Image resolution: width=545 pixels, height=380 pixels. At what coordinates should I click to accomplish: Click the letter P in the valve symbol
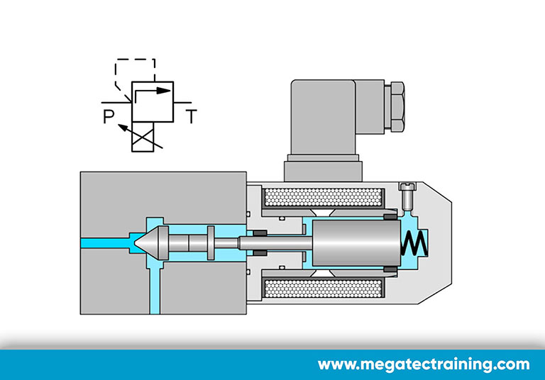coord(109,116)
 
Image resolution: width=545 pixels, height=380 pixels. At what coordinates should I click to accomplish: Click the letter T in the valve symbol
coord(192,116)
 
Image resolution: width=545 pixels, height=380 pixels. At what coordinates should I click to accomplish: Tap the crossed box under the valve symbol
coord(143,137)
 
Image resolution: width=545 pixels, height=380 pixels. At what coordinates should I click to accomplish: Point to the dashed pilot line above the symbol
coord(136,60)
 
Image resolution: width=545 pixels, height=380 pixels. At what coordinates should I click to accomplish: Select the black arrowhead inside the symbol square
coord(163,91)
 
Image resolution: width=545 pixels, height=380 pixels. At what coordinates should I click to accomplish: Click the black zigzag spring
coord(414,243)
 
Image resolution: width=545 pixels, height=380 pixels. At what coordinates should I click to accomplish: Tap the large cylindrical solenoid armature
coord(356,242)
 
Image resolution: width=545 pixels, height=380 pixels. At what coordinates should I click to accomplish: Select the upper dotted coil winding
coord(324,197)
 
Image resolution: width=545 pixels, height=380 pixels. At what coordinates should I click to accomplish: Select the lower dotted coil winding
coord(324,289)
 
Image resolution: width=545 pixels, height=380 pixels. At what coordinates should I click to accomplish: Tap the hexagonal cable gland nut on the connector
coord(395,106)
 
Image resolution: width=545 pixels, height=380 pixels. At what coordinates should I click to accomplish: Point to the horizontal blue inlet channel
coord(105,242)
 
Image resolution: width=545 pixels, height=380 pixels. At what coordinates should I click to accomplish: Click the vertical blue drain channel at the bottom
coord(155,291)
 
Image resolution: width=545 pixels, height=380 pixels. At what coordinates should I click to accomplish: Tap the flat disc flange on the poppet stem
coord(211,242)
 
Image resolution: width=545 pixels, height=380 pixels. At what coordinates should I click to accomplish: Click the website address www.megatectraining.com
coord(424,364)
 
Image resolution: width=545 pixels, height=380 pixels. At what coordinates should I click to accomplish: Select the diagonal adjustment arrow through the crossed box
coord(141,136)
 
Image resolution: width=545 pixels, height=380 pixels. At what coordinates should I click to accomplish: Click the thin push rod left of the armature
coord(275,242)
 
